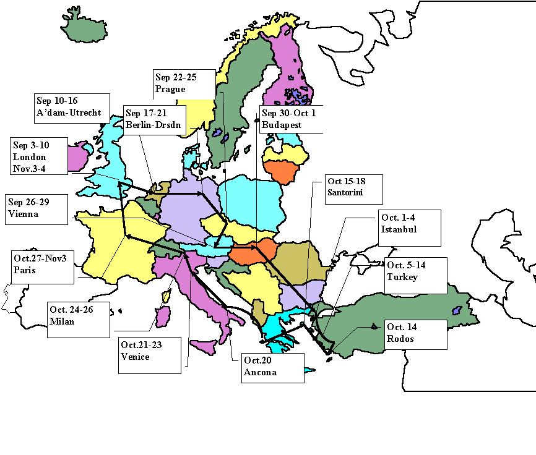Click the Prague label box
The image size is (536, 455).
click(184, 84)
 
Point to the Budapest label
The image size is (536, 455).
click(290, 119)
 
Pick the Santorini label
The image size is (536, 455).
click(353, 189)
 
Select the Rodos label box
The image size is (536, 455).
click(413, 334)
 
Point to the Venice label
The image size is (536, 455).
click(149, 355)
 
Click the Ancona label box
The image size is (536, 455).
click(272, 367)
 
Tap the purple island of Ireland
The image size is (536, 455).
click(77, 157)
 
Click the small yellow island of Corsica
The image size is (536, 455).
click(166, 297)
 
